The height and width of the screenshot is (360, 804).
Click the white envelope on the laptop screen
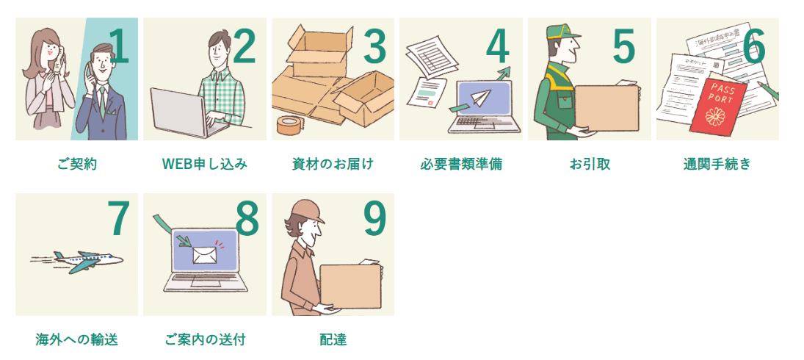tap(205, 254)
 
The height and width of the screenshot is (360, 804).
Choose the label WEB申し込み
tap(205, 164)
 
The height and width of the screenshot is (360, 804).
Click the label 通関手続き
tap(717, 164)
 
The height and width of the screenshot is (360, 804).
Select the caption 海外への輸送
tap(77, 339)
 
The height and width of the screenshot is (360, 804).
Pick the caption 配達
tap(333, 339)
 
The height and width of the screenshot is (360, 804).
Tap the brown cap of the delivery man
tap(306, 209)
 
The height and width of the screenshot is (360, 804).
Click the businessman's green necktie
tap(103, 102)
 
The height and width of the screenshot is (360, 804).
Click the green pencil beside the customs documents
tap(768, 91)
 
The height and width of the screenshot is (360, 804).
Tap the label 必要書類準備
tap(461, 164)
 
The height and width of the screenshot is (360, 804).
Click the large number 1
tap(119, 47)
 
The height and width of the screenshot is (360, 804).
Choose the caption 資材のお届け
tap(333, 164)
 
